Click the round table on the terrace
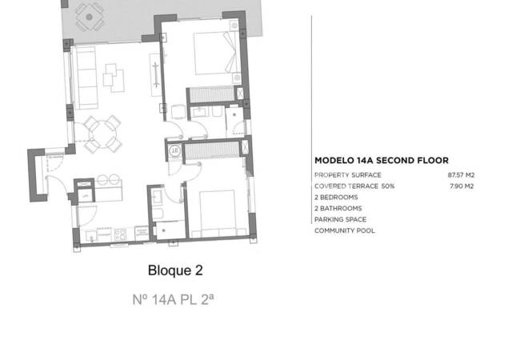89,14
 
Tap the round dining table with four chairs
103,132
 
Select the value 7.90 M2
462,186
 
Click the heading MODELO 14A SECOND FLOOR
381,160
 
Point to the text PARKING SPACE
342,219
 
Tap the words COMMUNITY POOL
344,230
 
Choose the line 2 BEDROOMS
336,197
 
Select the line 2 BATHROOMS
338,208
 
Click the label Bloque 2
174,270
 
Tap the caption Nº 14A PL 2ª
174,301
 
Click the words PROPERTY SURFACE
347,174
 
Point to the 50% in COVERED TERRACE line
387,186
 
